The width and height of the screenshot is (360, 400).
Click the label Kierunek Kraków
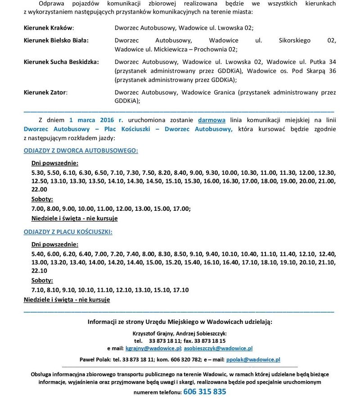(x=49, y=27)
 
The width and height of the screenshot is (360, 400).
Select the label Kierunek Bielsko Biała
(x=56, y=40)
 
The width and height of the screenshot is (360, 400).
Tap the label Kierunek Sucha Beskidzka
(x=61, y=62)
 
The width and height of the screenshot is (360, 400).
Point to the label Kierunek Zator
(x=45, y=92)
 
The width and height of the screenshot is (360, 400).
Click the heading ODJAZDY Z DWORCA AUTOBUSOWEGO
(x=81, y=150)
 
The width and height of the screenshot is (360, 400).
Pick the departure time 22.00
(x=39, y=190)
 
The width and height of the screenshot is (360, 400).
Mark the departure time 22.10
(x=39, y=271)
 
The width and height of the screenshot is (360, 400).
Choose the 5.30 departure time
(x=38, y=172)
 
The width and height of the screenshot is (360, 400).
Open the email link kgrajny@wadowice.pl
(x=153, y=348)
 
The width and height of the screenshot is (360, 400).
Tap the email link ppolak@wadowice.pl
(x=253, y=359)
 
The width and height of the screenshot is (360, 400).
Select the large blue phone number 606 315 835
(x=205, y=391)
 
